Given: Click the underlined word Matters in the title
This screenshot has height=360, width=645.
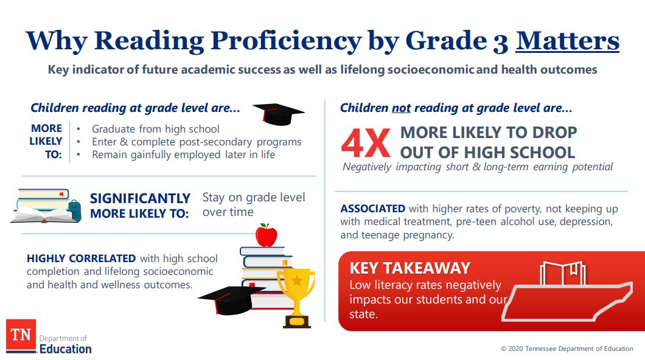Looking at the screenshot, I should point(567,41).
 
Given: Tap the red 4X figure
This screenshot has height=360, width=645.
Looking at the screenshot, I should point(365,143).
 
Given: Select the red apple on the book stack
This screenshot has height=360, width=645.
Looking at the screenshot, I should point(266,235).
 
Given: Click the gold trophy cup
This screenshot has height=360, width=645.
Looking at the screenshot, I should point(296,292).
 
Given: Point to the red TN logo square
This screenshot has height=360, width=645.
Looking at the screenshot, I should point(21,335).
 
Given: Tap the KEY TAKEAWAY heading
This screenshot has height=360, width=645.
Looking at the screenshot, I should point(410,268).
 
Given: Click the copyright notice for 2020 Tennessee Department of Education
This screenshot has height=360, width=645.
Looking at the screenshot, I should point(567,348).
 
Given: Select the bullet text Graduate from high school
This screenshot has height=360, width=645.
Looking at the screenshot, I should point(155,129).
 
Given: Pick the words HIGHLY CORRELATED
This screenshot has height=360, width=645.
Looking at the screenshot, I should point(82,258).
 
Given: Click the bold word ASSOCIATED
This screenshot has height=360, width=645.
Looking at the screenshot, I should point(372,209).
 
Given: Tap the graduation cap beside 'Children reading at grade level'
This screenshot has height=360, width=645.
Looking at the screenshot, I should point(277,114).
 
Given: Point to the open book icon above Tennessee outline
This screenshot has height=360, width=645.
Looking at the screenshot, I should point(563,274).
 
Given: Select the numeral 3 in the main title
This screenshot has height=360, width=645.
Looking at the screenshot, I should point(498,41).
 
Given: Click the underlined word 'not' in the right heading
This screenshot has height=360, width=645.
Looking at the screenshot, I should point(401,108).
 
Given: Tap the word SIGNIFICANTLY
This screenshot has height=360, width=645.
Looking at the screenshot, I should point(140,198).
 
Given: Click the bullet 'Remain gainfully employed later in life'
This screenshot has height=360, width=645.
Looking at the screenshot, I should point(183,154).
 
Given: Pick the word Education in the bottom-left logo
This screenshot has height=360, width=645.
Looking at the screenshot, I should point(65,348).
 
